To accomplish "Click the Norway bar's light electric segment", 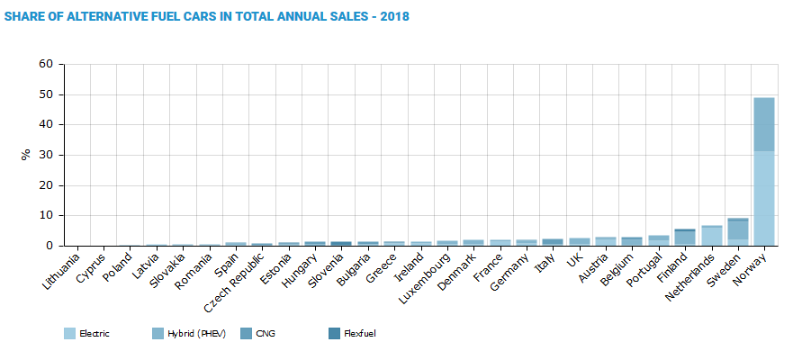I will point(763,198).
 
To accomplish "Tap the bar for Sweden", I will point(737,232).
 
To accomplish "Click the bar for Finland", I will point(685,238).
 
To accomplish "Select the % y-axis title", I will point(25,155).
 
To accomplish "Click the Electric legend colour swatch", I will point(69,334).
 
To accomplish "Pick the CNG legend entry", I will point(266,334).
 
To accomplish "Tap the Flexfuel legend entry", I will point(359,334).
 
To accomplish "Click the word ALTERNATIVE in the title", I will point(110,17).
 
